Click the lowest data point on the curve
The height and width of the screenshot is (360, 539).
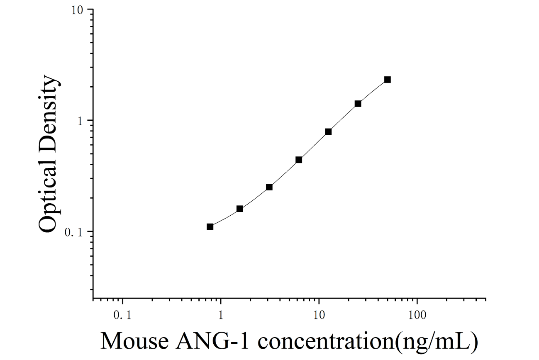coord(210,227)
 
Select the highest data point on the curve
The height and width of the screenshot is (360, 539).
coord(388,80)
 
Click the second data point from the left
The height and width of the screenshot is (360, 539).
coord(240,209)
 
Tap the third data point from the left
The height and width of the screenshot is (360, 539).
coord(269,187)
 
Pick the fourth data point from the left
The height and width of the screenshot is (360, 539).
coord(299,160)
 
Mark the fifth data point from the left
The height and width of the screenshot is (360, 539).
coord(328,131)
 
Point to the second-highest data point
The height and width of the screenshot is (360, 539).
coord(358,104)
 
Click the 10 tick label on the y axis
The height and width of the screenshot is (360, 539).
coord(77,10)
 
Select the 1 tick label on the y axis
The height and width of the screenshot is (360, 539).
coord(80,122)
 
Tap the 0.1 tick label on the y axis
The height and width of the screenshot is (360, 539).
coord(73,233)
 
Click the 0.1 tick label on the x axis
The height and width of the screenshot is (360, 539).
coord(122,315)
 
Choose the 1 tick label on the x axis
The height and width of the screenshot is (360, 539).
coord(221,315)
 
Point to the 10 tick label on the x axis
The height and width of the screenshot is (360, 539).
coord(319,315)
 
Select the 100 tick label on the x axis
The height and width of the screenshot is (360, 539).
coord(417,315)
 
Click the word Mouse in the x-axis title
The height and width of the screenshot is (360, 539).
coord(134,341)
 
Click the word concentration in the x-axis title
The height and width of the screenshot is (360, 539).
coord(326,341)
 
